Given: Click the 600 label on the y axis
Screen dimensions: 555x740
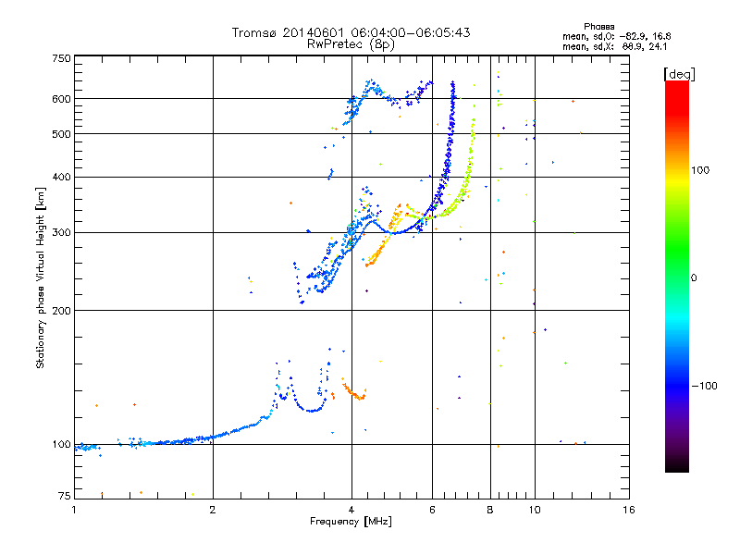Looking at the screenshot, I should [x=62, y=98].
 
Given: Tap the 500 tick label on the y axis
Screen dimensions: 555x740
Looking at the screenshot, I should [x=62, y=134].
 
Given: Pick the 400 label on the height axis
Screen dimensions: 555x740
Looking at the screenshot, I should [x=62, y=177].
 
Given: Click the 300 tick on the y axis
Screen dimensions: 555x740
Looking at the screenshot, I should [x=62, y=232].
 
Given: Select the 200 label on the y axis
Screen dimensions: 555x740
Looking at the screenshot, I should [x=62, y=310].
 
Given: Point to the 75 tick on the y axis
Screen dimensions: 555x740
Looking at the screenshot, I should [x=65, y=497].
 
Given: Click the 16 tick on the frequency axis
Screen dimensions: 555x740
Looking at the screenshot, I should [x=628, y=510].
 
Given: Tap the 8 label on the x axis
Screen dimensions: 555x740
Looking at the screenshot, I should [x=490, y=510].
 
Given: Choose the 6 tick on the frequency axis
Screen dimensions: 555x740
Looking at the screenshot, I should [x=432, y=510].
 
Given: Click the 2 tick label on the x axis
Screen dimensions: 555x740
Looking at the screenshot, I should [x=213, y=510].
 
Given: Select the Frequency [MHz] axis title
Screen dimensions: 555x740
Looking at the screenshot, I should [x=351, y=523].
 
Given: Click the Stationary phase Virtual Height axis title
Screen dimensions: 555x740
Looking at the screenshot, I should [x=41, y=277].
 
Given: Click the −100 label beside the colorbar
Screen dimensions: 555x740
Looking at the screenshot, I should [x=705, y=385].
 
